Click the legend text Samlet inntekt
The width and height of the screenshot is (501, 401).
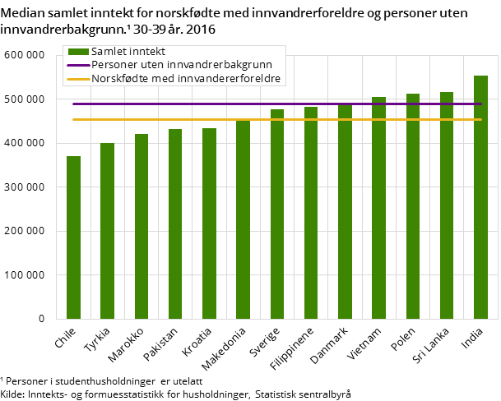[x=128, y=52]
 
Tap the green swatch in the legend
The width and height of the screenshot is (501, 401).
[x=78, y=52]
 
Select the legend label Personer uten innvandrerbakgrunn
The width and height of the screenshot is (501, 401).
[x=182, y=65]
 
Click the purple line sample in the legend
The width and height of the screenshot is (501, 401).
[x=78, y=65]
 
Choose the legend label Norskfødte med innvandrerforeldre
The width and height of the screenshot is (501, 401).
[x=186, y=79]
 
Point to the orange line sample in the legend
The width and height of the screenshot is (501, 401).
[x=78, y=79]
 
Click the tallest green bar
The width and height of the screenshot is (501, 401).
[x=480, y=197]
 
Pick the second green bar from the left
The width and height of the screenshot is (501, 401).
[x=108, y=230]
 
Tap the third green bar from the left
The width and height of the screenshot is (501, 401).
[x=141, y=226]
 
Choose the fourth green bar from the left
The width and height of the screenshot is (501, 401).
[x=175, y=224]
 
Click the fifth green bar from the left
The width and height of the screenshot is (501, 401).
[x=209, y=223]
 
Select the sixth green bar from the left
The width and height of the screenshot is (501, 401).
[x=244, y=219]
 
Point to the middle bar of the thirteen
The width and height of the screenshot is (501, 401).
[x=277, y=214]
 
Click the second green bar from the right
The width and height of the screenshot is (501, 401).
[x=447, y=205]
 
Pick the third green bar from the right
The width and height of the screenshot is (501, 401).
[x=413, y=206]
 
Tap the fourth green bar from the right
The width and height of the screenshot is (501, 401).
[x=378, y=208]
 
